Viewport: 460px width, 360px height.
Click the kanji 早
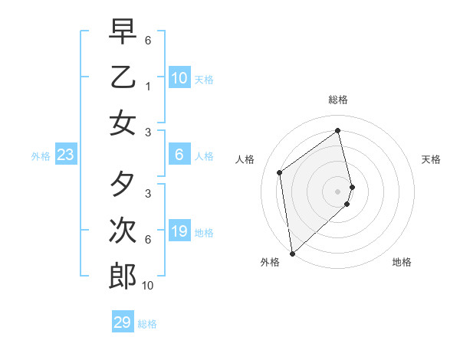pos(123,32)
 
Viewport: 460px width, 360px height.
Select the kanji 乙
pos(123,77)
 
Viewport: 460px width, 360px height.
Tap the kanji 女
pos(123,123)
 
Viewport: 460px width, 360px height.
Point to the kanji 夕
pos(123,185)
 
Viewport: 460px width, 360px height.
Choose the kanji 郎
pos(123,276)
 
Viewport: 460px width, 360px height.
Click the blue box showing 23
pos(65,155)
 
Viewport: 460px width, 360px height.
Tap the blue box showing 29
pos(123,322)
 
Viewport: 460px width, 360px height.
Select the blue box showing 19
pos(179,231)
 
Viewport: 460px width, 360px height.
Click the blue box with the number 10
pos(179,77)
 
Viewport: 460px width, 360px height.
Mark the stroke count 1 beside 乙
pos(148,87)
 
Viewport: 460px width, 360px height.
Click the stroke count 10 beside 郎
pos(148,286)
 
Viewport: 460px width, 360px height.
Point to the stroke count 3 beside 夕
pos(148,194)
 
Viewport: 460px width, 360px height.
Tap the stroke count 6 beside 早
pos(148,40)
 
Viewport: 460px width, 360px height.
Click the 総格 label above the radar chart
pos(337,100)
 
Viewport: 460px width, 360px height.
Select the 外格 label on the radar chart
pos(269,262)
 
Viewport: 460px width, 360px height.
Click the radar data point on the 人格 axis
pos(280,172)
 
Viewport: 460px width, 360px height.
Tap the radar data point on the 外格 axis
pos(292,253)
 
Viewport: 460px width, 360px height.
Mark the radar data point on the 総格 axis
pos(337,130)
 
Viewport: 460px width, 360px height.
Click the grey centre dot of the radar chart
pos(337,191)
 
